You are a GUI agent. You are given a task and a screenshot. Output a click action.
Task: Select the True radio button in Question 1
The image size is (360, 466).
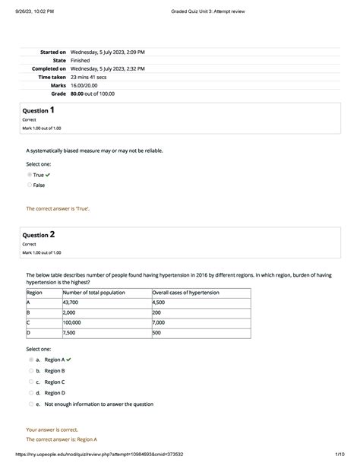[x=30, y=174]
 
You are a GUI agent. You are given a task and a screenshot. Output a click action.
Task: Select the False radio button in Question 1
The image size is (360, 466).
[x=30, y=185]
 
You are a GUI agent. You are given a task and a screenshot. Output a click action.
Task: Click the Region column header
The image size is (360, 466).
[x=35, y=292]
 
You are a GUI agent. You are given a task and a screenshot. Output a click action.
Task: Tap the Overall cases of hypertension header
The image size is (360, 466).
[x=185, y=292]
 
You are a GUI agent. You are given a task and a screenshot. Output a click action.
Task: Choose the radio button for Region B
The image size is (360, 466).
[x=31, y=370]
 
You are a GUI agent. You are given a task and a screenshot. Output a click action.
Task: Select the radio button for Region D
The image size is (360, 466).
[x=31, y=393]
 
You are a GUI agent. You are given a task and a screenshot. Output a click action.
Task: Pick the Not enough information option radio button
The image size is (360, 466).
[x=31, y=404]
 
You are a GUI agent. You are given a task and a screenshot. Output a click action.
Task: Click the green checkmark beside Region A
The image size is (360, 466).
[x=69, y=359]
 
